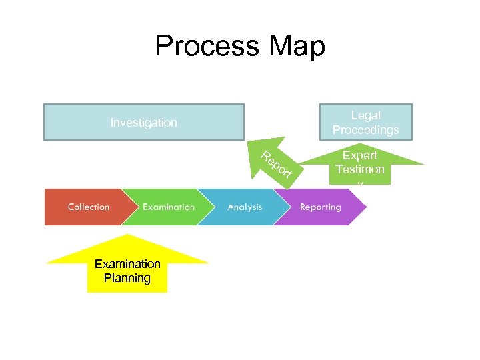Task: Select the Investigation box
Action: click(x=143, y=122)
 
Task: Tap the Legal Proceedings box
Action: click(x=365, y=122)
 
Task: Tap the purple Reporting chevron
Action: click(x=320, y=207)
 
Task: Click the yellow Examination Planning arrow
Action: click(x=127, y=267)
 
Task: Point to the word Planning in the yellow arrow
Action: click(x=127, y=278)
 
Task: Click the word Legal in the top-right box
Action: click(x=365, y=115)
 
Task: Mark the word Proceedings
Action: click(x=365, y=130)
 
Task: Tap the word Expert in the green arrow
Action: click(x=360, y=155)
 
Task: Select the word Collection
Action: click(x=89, y=207)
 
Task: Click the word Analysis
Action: click(x=245, y=207)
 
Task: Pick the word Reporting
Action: click(x=320, y=207)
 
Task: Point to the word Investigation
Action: click(x=143, y=123)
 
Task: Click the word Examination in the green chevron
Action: click(x=169, y=207)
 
